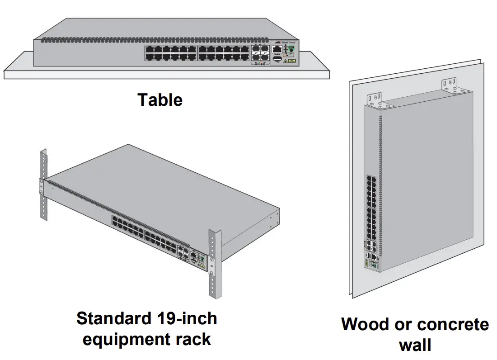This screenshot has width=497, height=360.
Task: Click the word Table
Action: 160,99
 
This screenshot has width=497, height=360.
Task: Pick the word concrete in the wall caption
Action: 451,324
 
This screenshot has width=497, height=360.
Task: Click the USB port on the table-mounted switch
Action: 277,59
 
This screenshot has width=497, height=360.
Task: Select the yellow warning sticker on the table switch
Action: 291,60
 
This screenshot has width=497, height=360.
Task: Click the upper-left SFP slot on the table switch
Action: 256,49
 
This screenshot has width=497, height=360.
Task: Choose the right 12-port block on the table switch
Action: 223,53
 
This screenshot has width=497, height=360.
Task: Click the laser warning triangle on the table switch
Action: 286,60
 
